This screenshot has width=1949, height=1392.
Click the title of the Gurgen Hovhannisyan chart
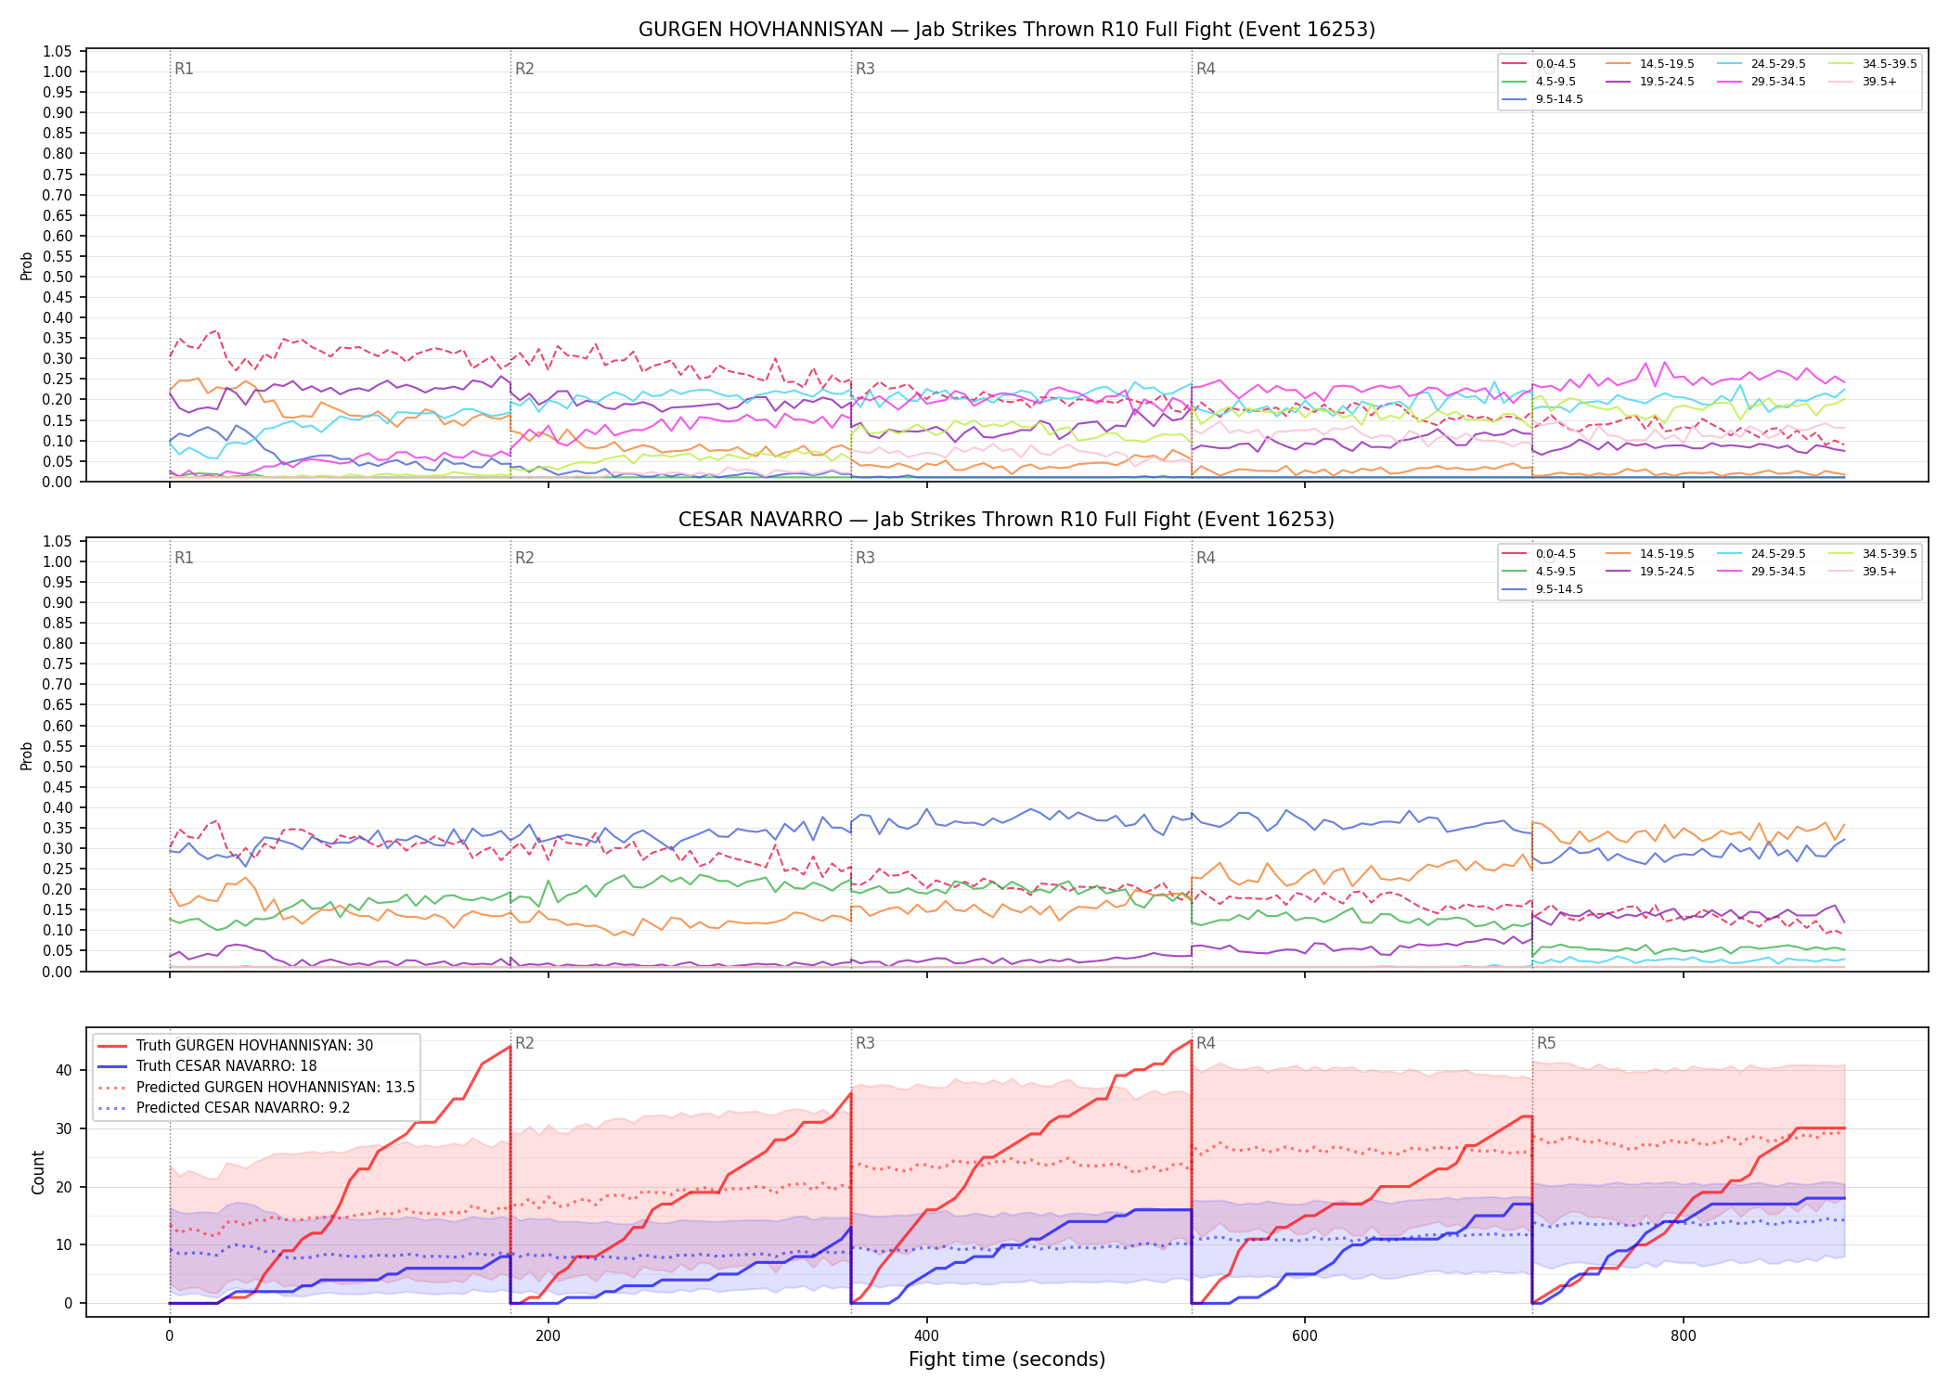pos(1006,30)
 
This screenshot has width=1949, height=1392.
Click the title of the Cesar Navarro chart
pos(1006,520)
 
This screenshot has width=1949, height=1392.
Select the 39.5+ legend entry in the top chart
pos(1863,82)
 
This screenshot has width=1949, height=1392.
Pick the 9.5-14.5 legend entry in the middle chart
pos(1542,589)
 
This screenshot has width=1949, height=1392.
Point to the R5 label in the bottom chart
pos(1546,1043)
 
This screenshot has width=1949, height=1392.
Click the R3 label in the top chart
pos(865,69)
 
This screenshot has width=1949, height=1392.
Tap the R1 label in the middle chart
pos(184,558)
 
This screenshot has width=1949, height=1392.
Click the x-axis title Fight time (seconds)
pos(1007,1360)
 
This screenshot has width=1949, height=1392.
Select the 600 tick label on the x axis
pos(1305,1336)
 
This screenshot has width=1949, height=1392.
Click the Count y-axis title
pos(38,1172)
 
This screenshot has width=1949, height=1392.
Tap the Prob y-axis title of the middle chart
pos(27,755)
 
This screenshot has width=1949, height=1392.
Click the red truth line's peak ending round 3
pos(1192,1040)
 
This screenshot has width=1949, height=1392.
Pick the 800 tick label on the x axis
pos(1684,1336)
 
